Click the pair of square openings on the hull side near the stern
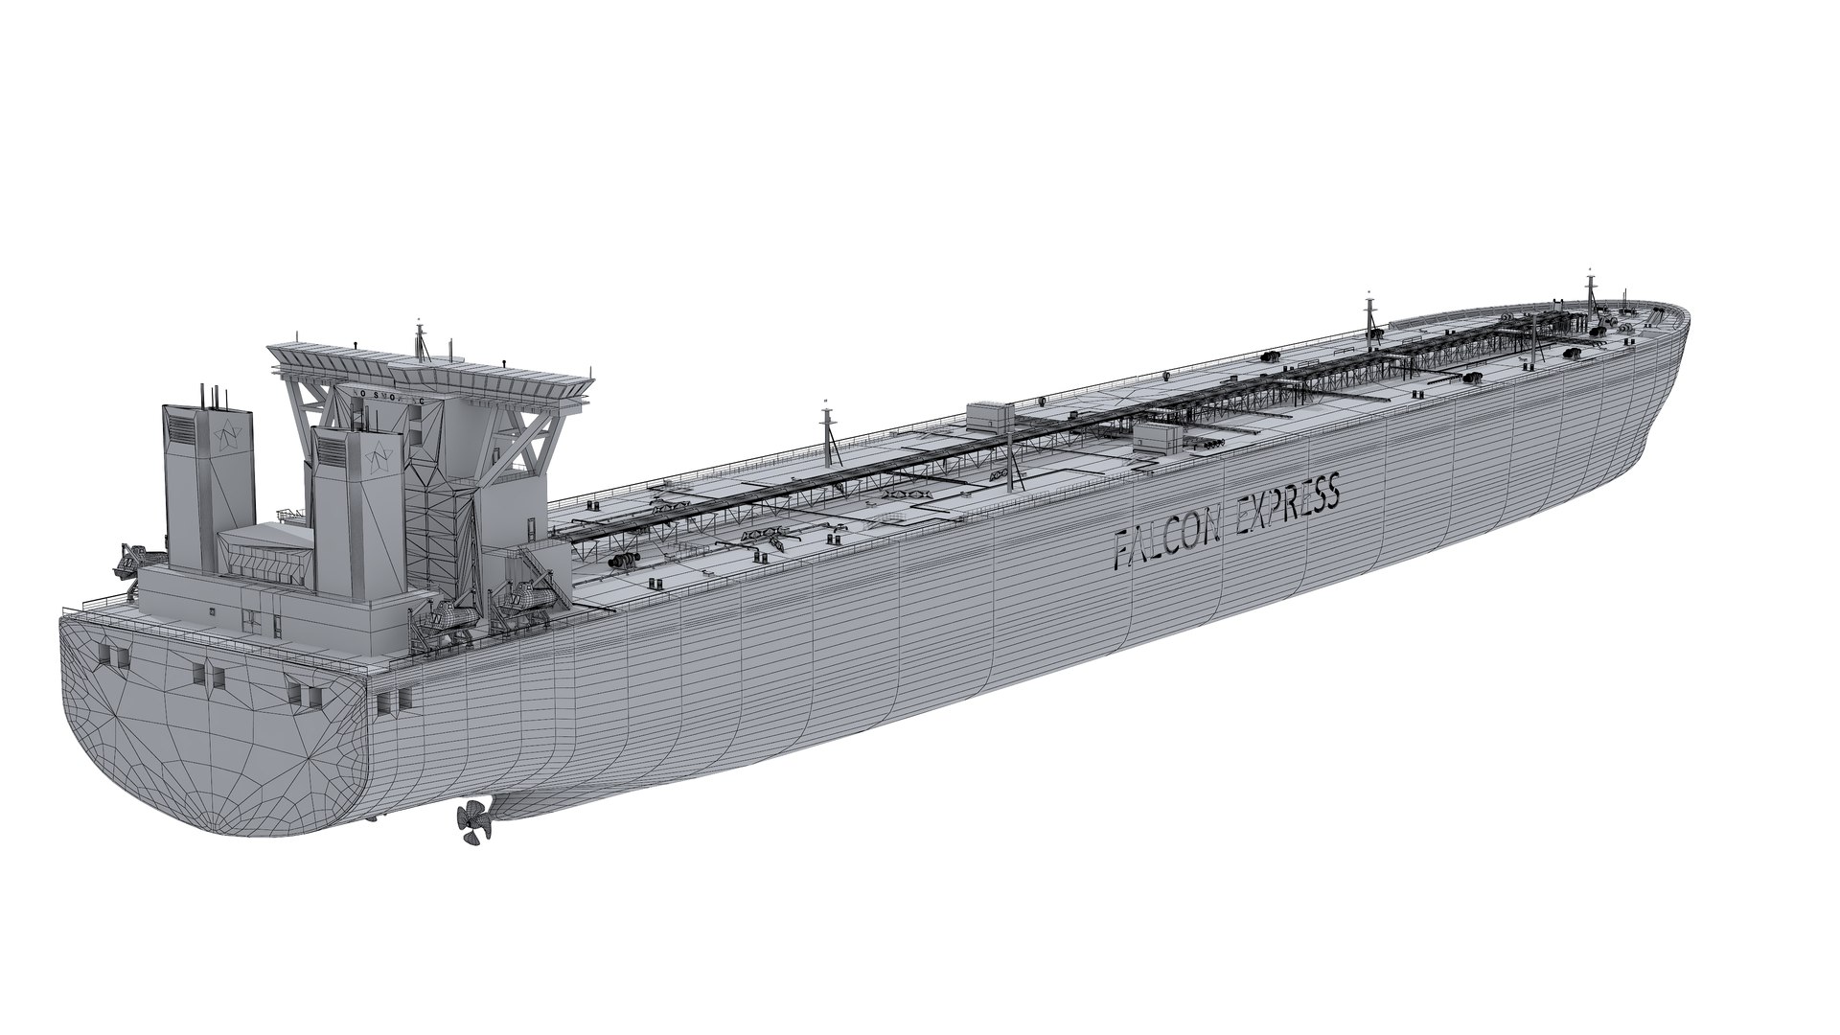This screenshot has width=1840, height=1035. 386,702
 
